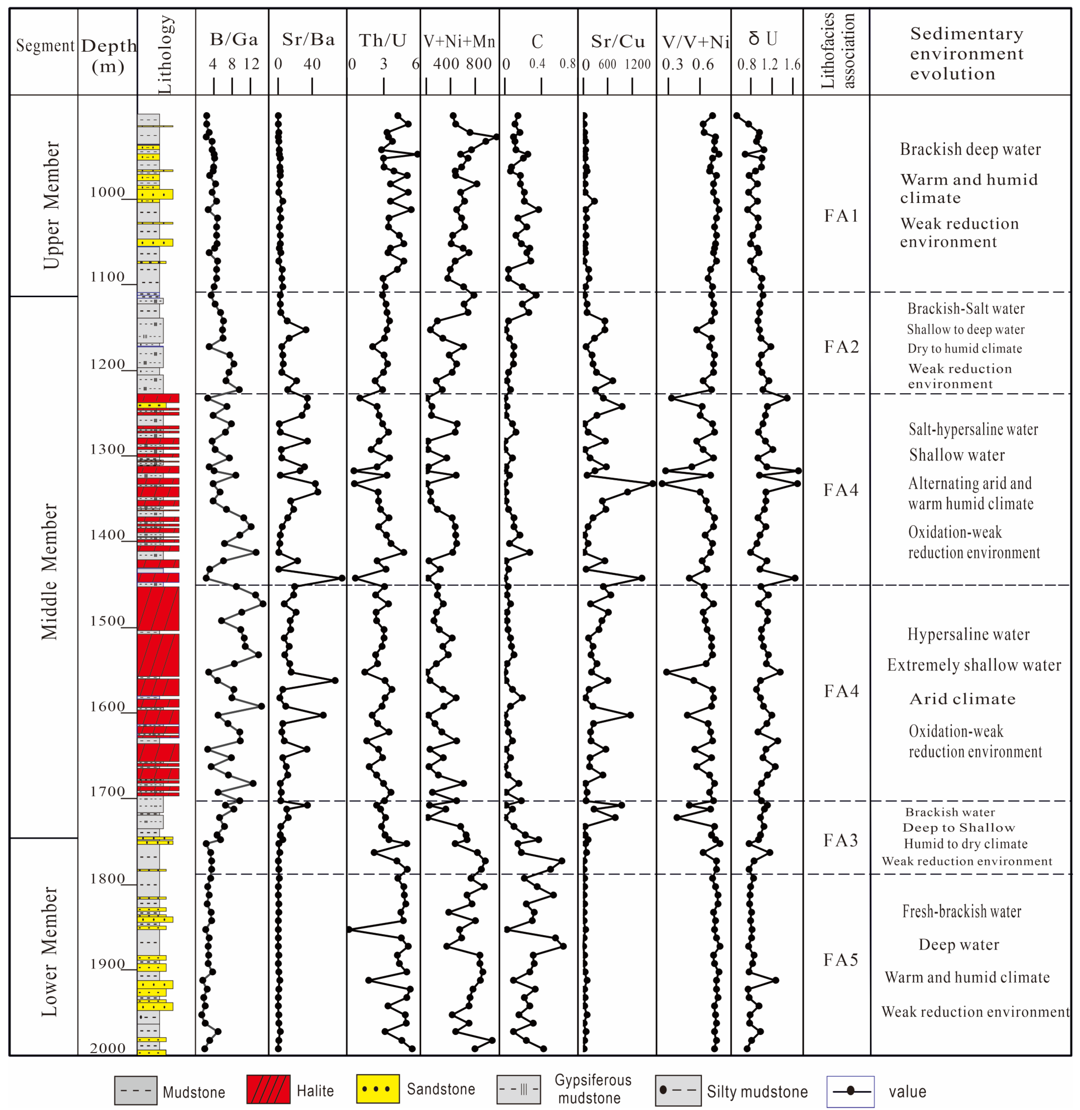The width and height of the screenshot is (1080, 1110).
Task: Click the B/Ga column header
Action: point(234,40)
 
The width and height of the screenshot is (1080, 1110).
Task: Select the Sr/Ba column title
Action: point(308,40)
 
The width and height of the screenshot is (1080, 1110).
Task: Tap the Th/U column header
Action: point(383,40)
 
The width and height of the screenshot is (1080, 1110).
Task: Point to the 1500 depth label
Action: point(107,621)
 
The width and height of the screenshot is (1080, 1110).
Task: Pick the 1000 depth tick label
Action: point(107,192)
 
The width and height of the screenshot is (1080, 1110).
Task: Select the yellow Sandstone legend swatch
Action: point(378,1089)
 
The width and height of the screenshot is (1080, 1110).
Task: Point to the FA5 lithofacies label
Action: point(841,960)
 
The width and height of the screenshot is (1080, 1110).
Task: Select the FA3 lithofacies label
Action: point(841,840)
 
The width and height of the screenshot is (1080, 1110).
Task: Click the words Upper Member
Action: point(51,205)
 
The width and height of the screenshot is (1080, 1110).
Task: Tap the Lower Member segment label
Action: point(50,951)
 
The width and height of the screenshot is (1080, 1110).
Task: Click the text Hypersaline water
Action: point(968,634)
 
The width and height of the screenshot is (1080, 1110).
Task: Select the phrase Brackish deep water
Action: point(970,149)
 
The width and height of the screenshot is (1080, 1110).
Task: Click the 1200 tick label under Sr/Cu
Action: point(638,65)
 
